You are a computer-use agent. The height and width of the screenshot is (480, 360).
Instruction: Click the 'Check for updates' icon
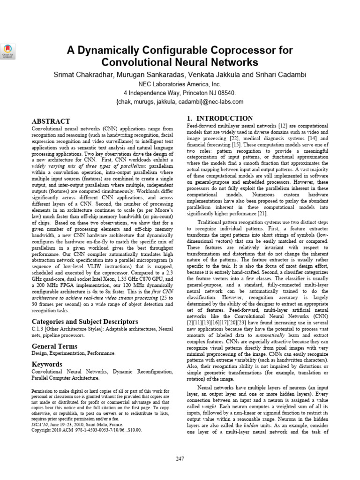point(9,51)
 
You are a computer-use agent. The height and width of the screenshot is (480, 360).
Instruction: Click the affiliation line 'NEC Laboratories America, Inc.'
point(180,83)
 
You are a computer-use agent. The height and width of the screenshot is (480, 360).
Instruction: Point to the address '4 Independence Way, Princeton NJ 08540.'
point(180,92)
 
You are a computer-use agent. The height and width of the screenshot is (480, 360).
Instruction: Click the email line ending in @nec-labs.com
point(180,102)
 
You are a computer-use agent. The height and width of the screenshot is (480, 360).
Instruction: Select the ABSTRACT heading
point(50,121)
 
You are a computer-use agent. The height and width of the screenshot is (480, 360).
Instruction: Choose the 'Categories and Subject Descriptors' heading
point(84,322)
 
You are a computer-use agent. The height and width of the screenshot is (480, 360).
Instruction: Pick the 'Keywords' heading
point(47,364)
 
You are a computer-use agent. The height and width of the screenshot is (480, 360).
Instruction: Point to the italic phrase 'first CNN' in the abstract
point(161,291)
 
